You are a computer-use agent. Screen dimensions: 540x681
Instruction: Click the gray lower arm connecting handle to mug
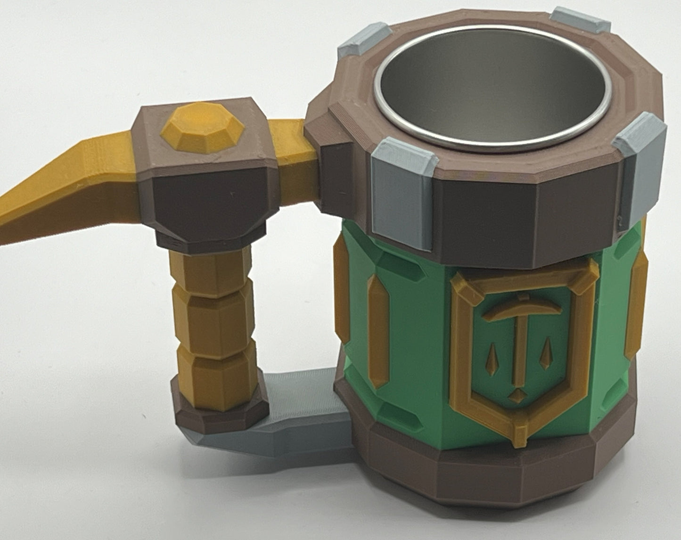click(x=302, y=415)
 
